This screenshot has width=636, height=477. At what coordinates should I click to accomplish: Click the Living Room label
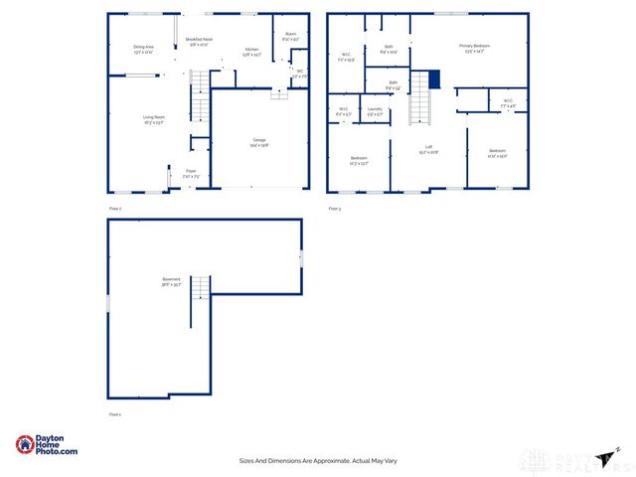(x=153, y=117)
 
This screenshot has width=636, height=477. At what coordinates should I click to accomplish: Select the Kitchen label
(x=252, y=52)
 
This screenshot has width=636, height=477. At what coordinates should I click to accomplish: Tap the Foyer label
(x=190, y=172)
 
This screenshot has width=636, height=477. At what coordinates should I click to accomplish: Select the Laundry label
(x=375, y=110)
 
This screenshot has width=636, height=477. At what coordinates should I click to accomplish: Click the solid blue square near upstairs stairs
(x=433, y=79)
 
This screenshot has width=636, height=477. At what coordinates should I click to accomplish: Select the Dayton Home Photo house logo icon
(x=24, y=444)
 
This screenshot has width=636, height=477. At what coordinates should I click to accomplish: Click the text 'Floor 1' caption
(x=114, y=413)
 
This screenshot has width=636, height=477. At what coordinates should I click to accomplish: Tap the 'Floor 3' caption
(x=334, y=209)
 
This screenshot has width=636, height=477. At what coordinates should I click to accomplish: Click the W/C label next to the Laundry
(x=343, y=110)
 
